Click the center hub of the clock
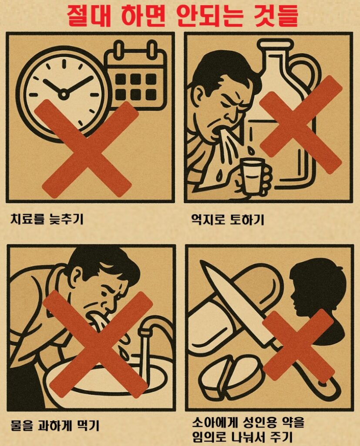(x=64, y=93)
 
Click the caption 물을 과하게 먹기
(x=55, y=425)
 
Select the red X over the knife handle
(x=299, y=345)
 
